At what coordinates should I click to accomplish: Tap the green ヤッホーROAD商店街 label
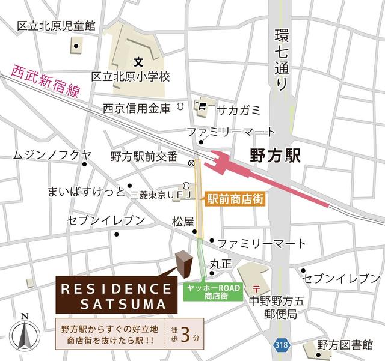click(x=214, y=292)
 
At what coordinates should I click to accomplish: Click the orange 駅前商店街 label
click(x=235, y=199)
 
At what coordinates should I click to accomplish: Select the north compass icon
click(x=25, y=333)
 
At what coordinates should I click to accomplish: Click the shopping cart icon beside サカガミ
click(x=202, y=108)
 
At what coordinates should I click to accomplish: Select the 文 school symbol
click(x=138, y=61)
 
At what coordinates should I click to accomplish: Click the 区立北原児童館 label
click(x=57, y=26)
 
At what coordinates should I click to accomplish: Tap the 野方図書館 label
click(x=345, y=345)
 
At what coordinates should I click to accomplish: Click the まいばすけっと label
click(x=86, y=192)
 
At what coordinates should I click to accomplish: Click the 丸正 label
click(x=220, y=264)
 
